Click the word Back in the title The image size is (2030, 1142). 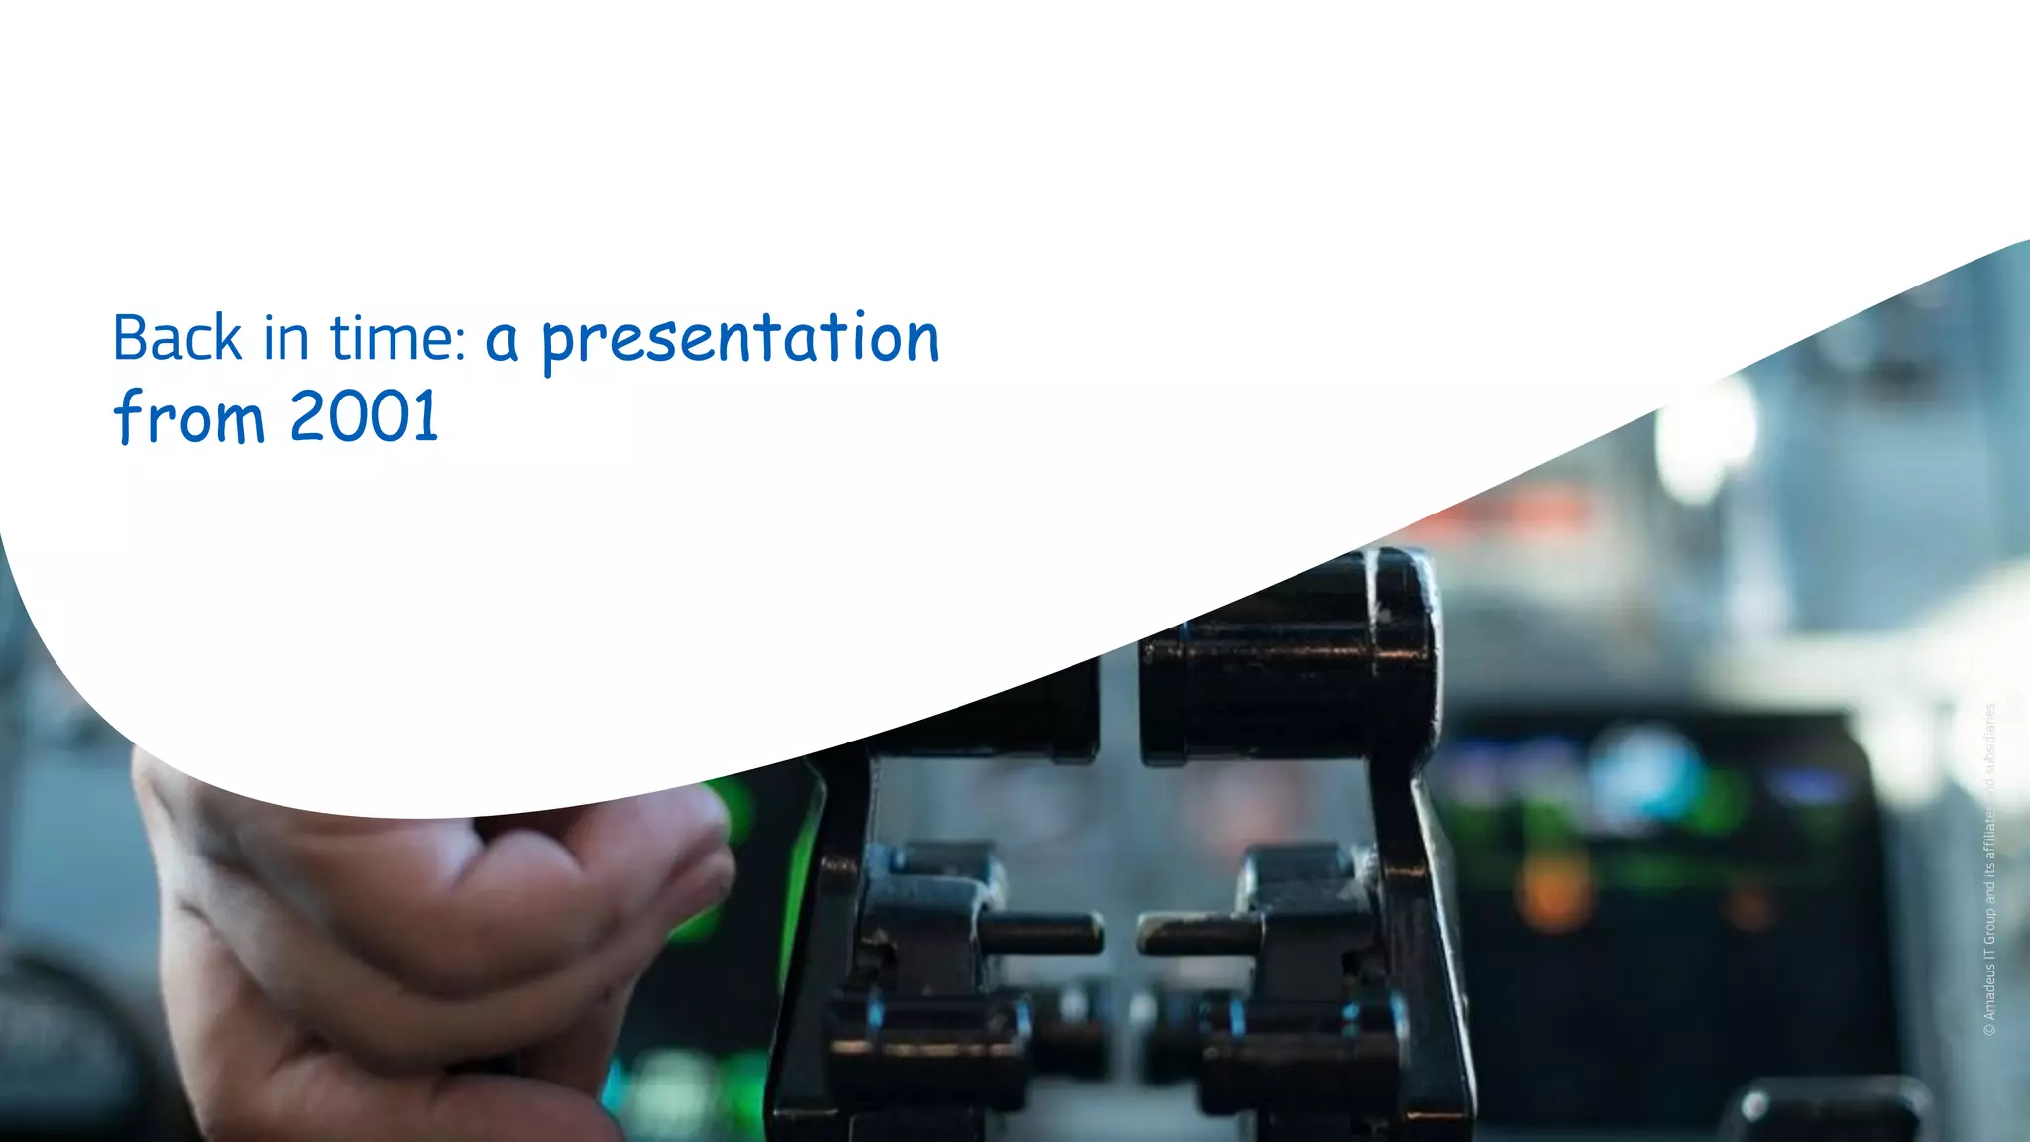tap(176, 338)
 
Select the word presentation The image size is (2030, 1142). tap(739, 340)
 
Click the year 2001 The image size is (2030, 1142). tap(365, 416)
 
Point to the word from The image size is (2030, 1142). tap(190, 416)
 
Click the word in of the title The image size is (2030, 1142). tap(285, 338)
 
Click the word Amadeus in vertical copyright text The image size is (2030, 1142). tap(1989, 986)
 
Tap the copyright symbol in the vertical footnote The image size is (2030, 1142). tap(1989, 1031)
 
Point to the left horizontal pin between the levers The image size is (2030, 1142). tap(1041, 933)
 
